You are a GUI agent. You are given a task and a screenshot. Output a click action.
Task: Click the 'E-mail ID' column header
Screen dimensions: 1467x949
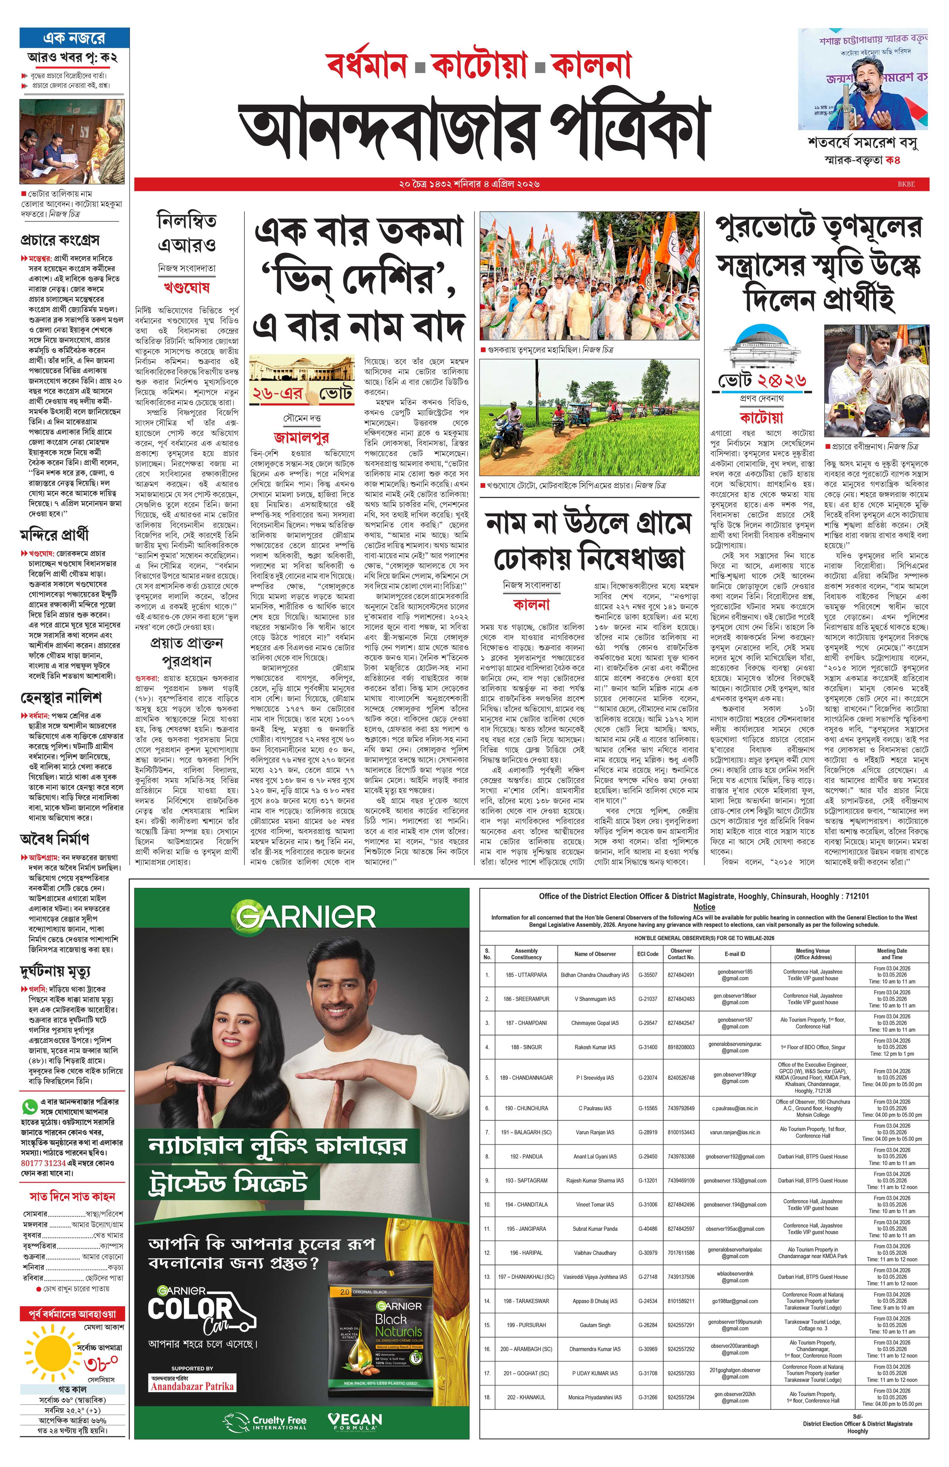[x=735, y=954]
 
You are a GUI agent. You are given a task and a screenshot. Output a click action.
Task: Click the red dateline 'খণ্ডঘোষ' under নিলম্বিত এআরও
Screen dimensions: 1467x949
[x=186, y=287]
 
